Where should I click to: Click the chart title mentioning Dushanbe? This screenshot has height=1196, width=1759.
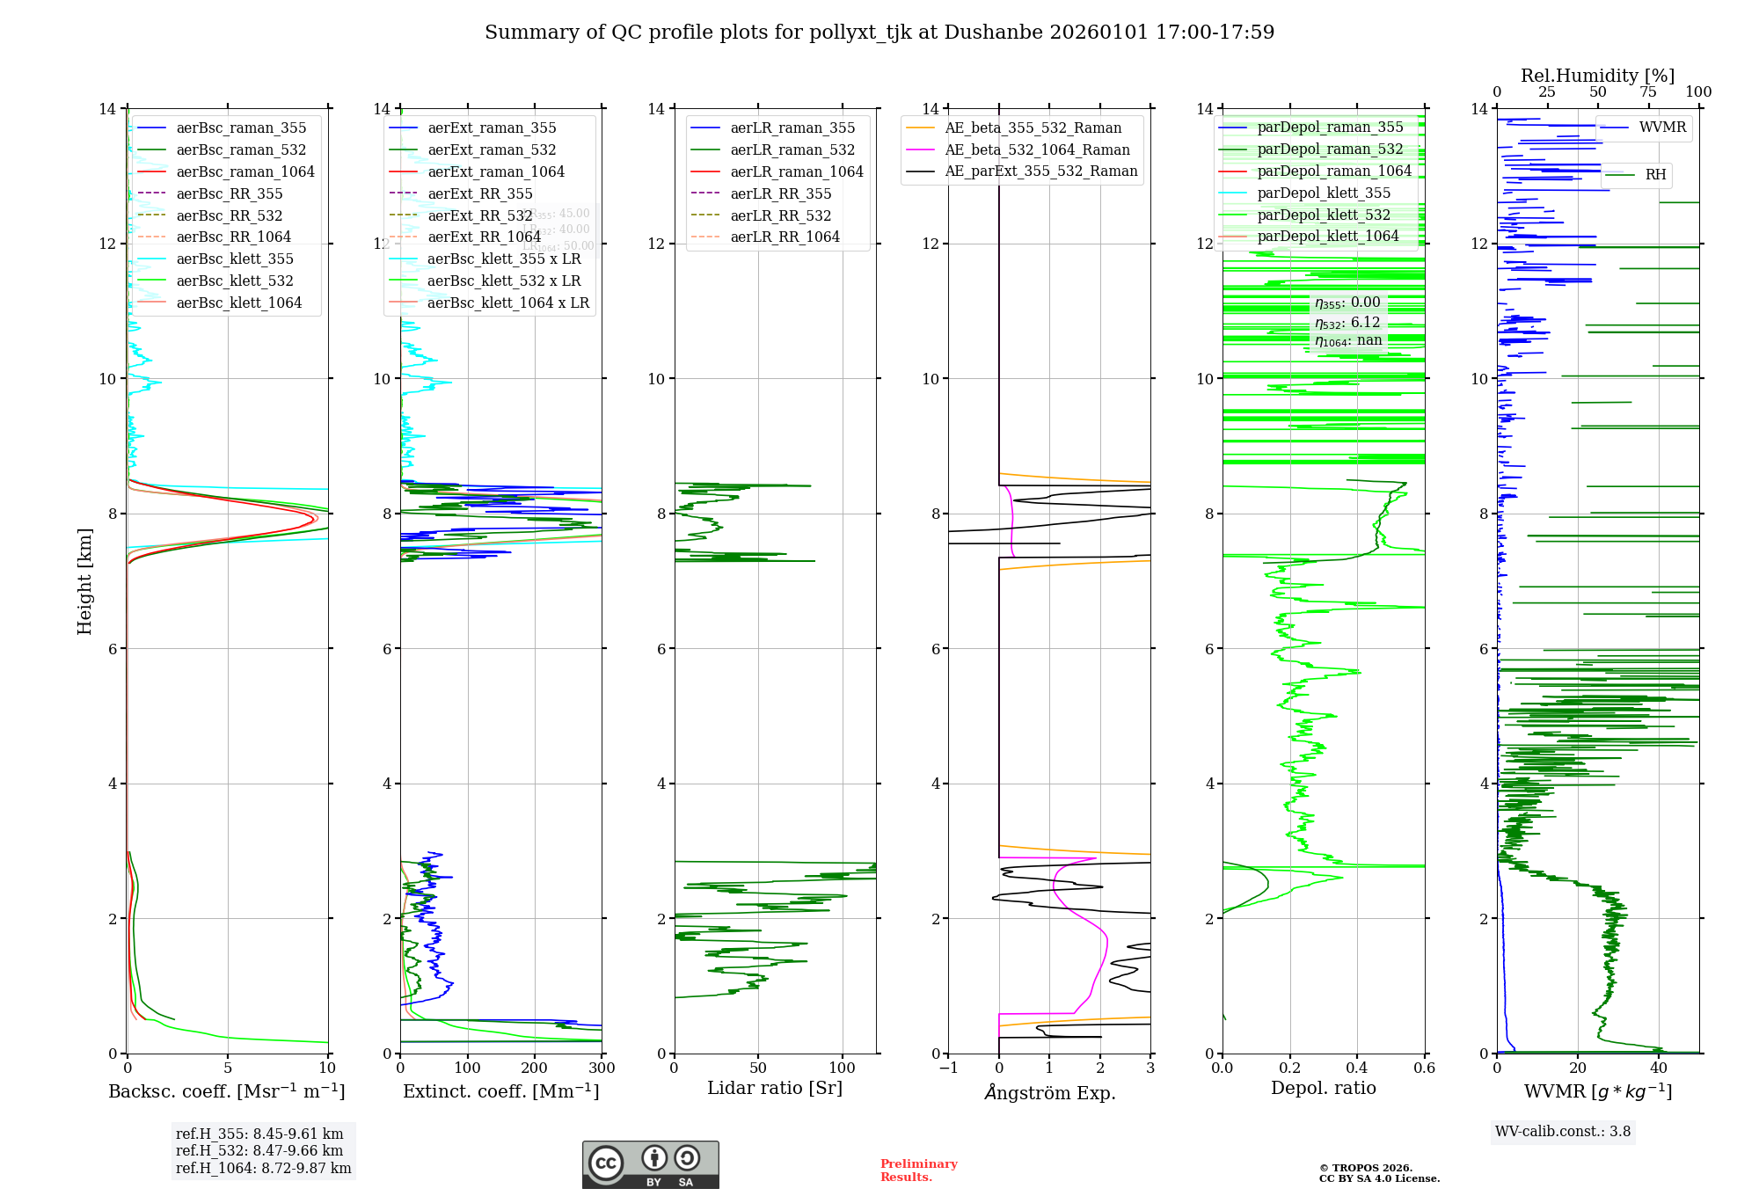(879, 33)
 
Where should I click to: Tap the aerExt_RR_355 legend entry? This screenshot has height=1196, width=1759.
(479, 193)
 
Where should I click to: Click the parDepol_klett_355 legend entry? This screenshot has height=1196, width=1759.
(1323, 193)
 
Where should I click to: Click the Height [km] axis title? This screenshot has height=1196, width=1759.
(84, 580)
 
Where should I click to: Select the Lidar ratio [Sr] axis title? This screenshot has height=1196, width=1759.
(774, 1088)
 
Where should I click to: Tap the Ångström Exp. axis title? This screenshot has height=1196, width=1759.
(1049, 1092)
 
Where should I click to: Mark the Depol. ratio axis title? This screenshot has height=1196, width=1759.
(1323, 1088)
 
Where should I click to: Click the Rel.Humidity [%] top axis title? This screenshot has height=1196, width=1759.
(1597, 76)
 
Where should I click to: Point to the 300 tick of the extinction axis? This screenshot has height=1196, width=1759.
(602, 1068)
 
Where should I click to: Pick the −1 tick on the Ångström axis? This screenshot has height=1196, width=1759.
(948, 1068)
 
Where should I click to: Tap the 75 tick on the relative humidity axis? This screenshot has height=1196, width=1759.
(1648, 92)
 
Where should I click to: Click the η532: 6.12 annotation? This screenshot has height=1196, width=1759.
(1347, 323)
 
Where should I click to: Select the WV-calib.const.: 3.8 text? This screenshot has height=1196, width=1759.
(1562, 1131)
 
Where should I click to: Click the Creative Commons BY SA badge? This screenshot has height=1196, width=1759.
(650, 1164)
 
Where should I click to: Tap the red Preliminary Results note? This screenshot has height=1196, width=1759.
(918, 1170)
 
